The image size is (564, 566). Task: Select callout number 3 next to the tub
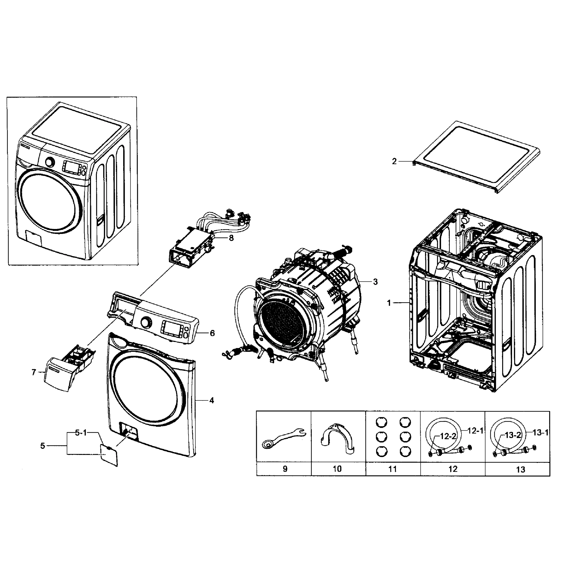point(375,282)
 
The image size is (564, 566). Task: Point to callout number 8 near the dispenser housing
point(231,238)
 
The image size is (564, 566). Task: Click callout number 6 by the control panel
point(212,333)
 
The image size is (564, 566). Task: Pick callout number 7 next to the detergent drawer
point(34,372)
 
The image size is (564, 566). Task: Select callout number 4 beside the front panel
point(212,400)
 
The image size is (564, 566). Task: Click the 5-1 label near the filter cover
point(81,433)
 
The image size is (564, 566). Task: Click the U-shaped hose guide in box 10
point(337,439)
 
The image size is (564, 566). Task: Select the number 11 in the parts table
point(392,469)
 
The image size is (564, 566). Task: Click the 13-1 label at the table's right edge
point(540,433)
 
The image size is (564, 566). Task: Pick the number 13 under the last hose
point(521,470)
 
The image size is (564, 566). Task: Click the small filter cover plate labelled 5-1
point(109,455)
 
